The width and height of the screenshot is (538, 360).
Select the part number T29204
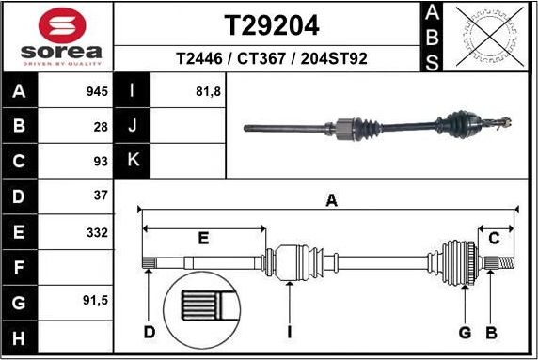[x=271, y=23]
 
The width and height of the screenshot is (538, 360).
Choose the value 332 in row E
[x=97, y=231]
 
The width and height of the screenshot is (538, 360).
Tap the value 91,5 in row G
[x=95, y=302]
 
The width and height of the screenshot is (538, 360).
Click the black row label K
[x=132, y=161]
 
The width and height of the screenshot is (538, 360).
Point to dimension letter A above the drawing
[x=331, y=199]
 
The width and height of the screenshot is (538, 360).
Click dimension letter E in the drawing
[x=203, y=238]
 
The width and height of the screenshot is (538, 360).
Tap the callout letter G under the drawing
[x=464, y=332]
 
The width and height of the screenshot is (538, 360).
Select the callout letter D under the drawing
[x=149, y=332]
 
